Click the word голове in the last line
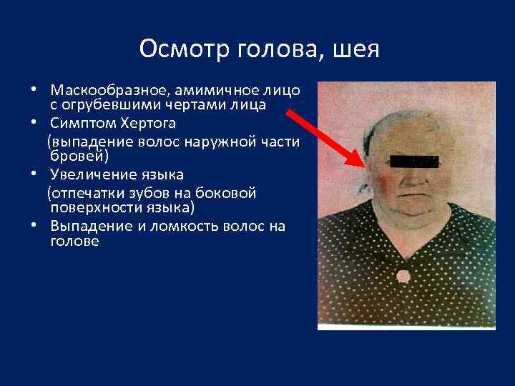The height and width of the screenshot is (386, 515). pyautogui.click(x=74, y=241)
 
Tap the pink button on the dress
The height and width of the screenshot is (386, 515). pyautogui.click(x=403, y=276)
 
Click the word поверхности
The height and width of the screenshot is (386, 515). pyautogui.click(x=95, y=207)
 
